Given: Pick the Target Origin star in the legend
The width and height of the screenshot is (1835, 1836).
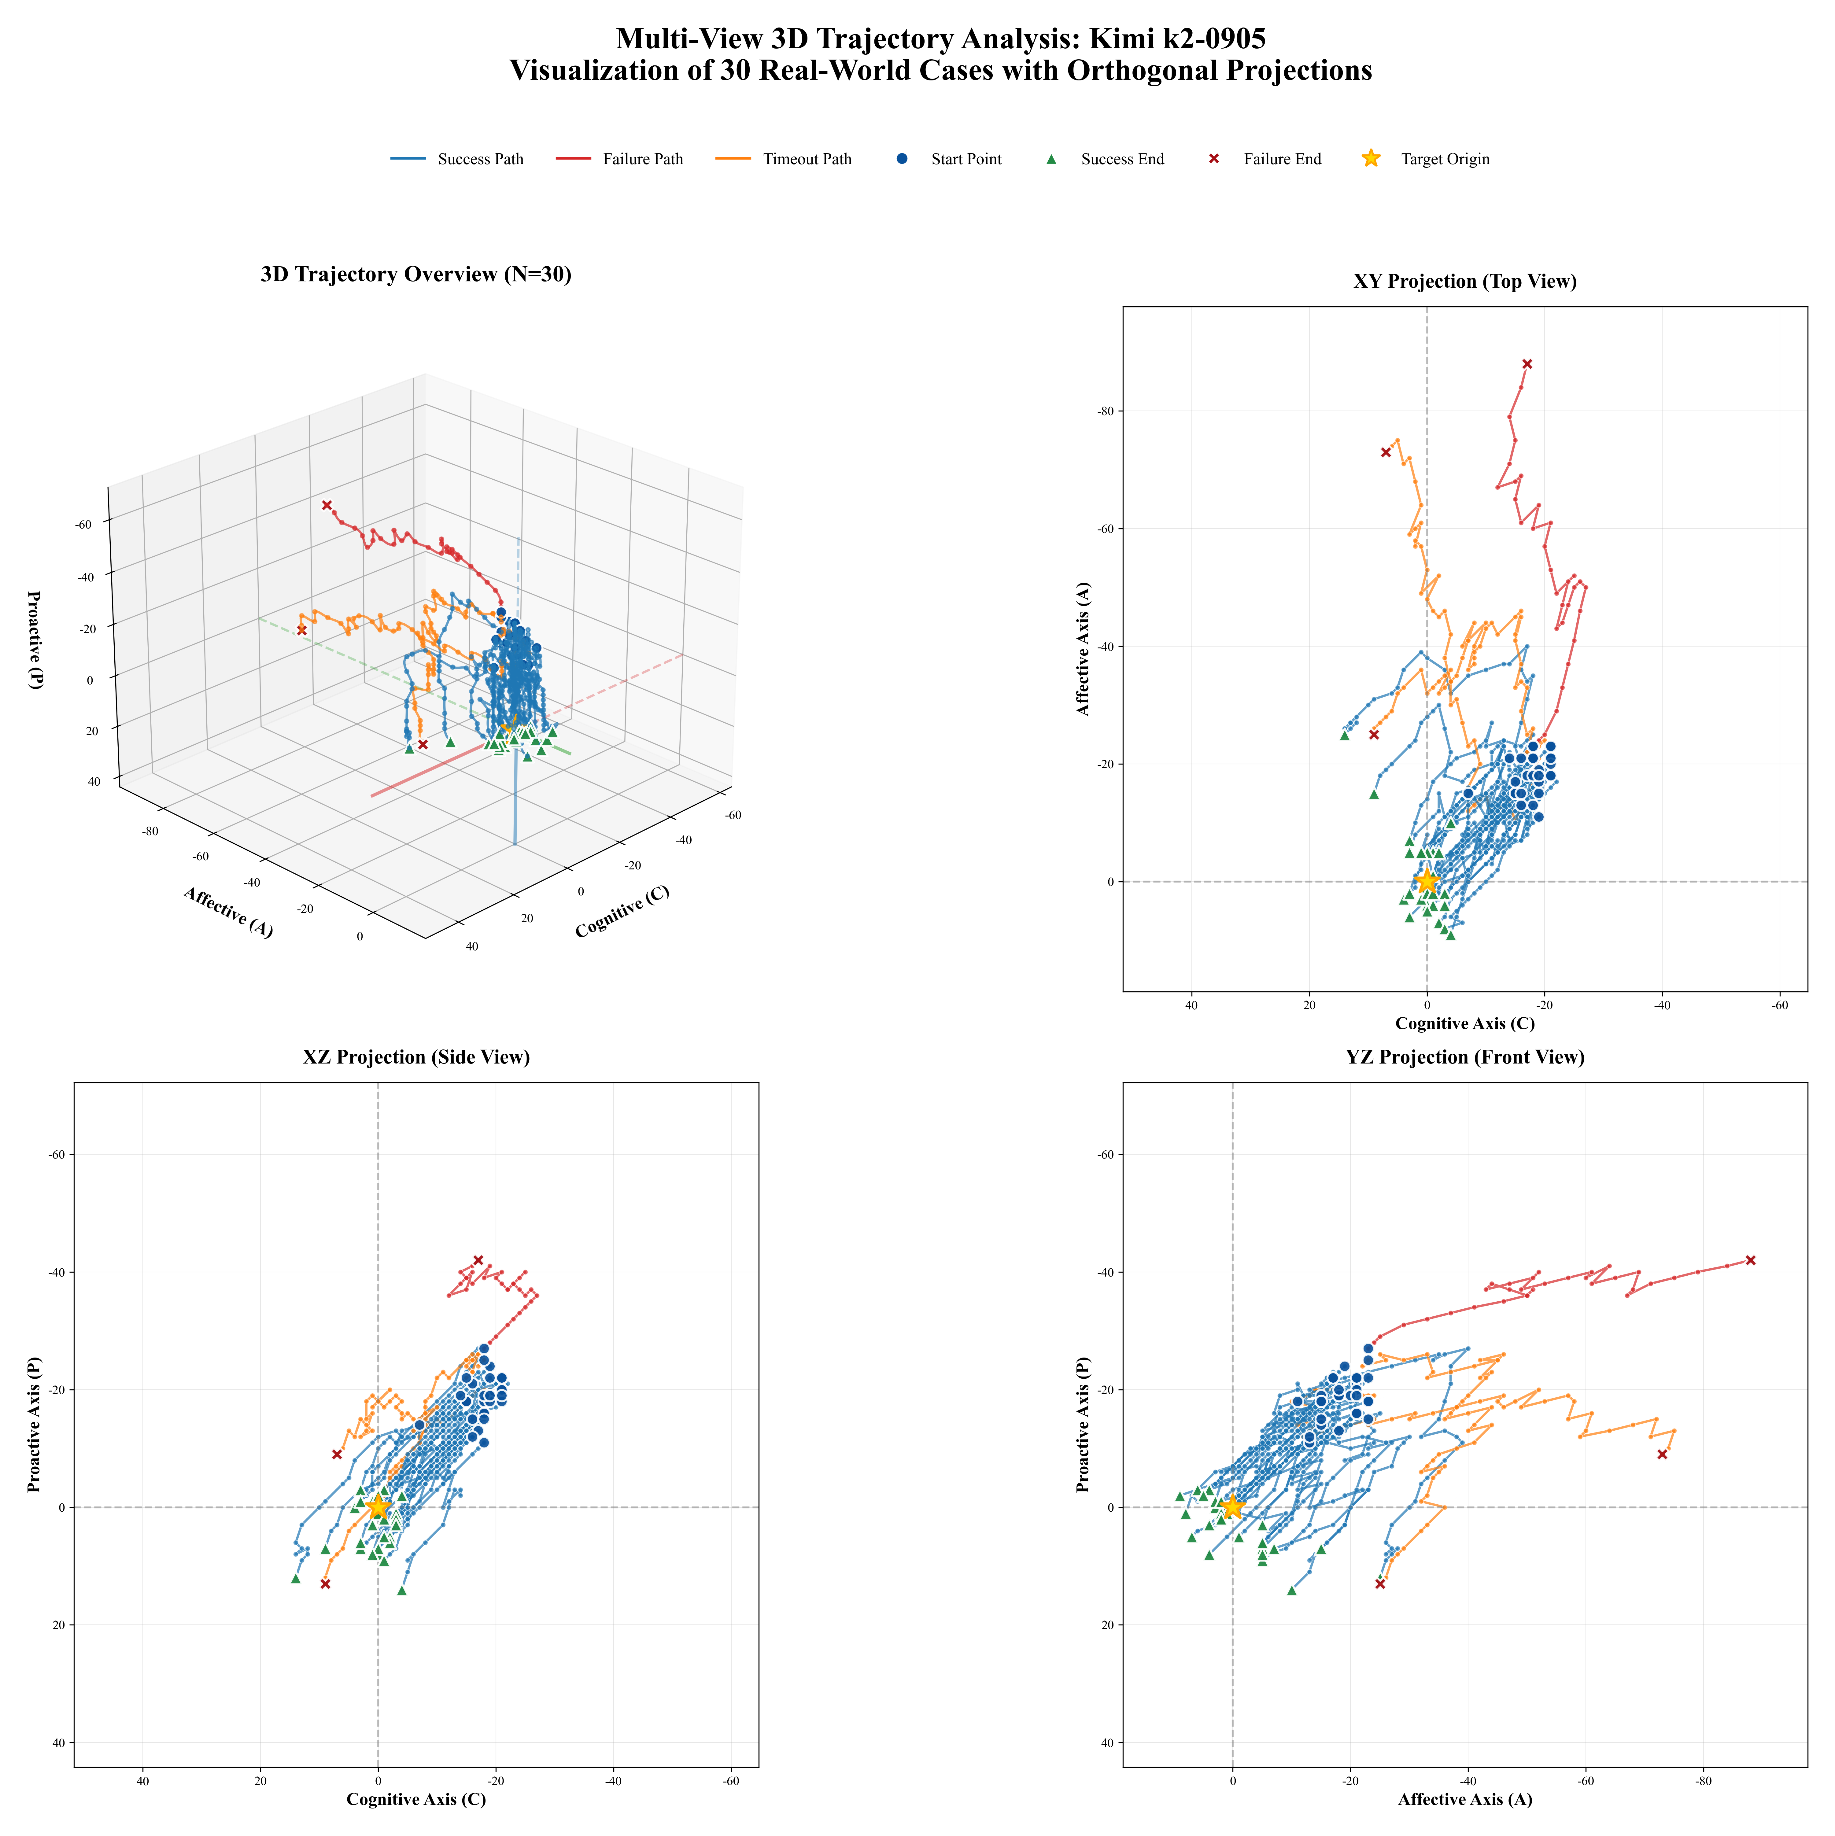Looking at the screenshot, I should pyautogui.click(x=1370, y=159).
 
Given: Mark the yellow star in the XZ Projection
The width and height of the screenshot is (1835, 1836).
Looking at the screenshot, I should pyautogui.click(x=378, y=1507).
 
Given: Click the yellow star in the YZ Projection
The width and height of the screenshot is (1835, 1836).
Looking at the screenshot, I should pyautogui.click(x=1232, y=1507).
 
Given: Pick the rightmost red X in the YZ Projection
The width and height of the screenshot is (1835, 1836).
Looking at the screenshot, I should pyautogui.click(x=1750, y=1260).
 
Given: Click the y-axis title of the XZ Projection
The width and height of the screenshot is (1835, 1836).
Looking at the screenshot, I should pyautogui.click(x=34, y=1424).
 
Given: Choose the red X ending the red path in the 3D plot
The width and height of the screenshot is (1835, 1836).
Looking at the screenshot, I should pyautogui.click(x=327, y=505).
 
